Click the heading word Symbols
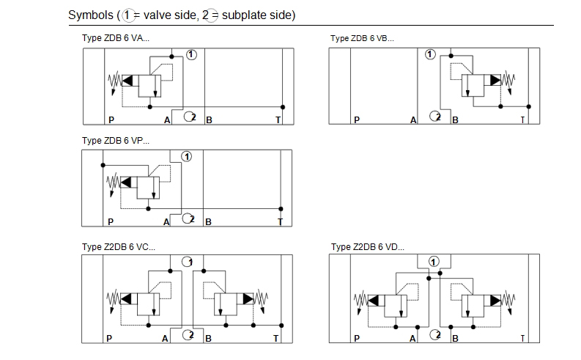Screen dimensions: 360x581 91,15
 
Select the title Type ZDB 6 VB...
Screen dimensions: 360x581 362,38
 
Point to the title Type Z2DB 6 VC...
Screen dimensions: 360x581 119,246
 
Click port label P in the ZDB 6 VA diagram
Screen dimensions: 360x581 111,120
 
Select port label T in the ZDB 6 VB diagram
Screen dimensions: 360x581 522,120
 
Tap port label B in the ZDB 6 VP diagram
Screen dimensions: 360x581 209,221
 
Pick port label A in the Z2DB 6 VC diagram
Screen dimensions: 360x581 166,338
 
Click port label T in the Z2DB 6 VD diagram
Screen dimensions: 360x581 522,338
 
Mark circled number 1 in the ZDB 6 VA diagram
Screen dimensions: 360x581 191,54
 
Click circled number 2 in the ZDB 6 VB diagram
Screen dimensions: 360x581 436,116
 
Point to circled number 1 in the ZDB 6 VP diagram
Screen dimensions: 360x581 187,156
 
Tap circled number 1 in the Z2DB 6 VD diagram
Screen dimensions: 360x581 434,260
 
